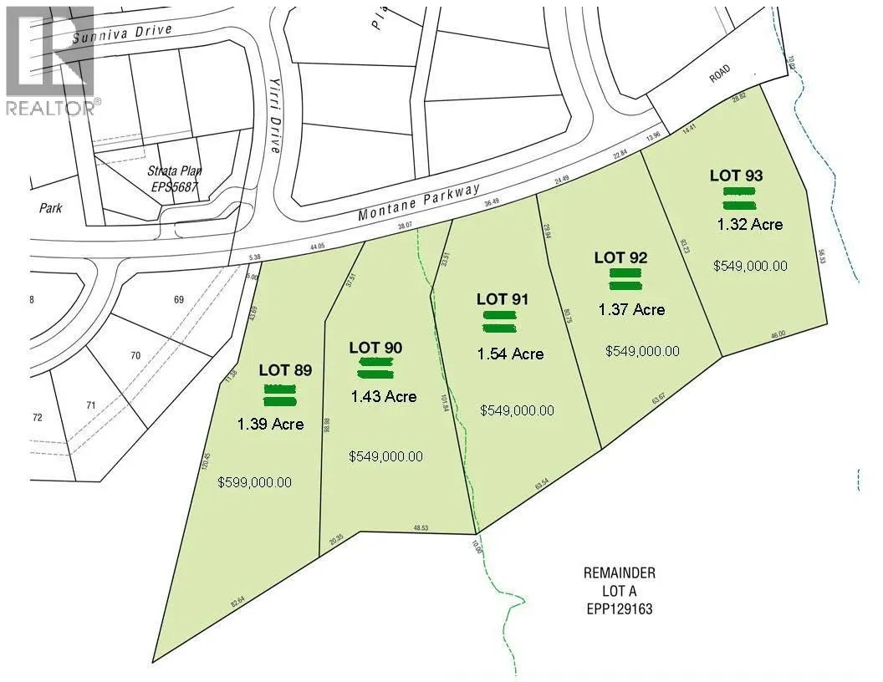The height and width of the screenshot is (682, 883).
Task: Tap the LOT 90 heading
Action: pyautogui.click(x=376, y=347)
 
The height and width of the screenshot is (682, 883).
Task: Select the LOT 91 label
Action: pyautogui.click(x=503, y=298)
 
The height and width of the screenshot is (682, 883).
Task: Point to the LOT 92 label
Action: pyautogui.click(x=620, y=257)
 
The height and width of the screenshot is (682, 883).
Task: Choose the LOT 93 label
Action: pyautogui.click(x=737, y=176)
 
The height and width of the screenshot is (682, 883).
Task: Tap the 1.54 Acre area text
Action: pyautogui.click(x=510, y=354)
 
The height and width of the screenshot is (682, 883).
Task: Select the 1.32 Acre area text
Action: pyautogui.click(x=750, y=224)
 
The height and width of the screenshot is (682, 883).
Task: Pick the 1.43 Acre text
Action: pyautogui.click(x=383, y=397)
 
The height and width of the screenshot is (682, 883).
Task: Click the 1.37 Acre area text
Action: pyautogui.click(x=632, y=309)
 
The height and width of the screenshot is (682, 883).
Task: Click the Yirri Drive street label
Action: pyautogui.click(x=275, y=122)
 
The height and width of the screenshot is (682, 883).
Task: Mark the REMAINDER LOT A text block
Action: pyautogui.click(x=619, y=591)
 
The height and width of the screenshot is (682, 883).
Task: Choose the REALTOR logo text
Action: pyautogui.click(x=52, y=107)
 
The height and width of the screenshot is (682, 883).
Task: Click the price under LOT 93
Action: pyautogui.click(x=750, y=266)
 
